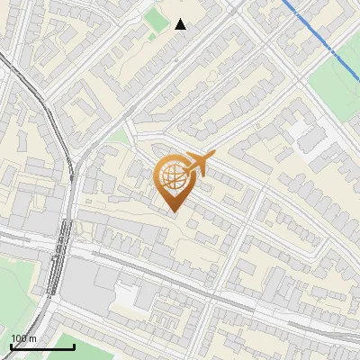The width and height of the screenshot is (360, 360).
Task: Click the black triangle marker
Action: pos(180,24)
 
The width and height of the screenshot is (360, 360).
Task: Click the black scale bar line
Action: pos(42,346)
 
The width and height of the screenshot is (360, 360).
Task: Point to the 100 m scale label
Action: pos(23,338)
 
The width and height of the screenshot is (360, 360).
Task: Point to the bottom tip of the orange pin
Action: pos(173,212)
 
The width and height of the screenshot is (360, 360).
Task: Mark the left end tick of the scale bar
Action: pos(11,345)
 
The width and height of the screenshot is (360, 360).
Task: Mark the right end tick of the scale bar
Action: pos(74,345)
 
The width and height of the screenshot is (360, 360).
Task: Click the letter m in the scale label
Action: pos(33,338)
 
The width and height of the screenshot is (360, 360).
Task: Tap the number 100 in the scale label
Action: pos(20,338)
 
